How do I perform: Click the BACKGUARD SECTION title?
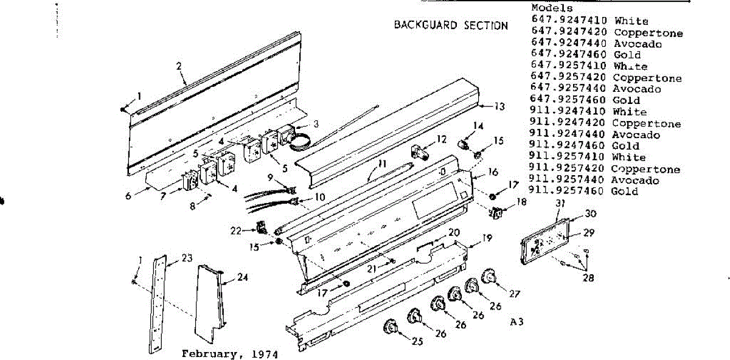(x=451, y=26)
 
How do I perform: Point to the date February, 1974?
(x=229, y=354)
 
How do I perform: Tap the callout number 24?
(x=243, y=277)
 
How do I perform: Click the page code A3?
(x=517, y=322)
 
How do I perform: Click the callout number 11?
(x=381, y=164)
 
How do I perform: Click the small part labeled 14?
(x=464, y=145)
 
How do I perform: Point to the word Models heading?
(x=552, y=9)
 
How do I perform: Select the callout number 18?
(x=521, y=201)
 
